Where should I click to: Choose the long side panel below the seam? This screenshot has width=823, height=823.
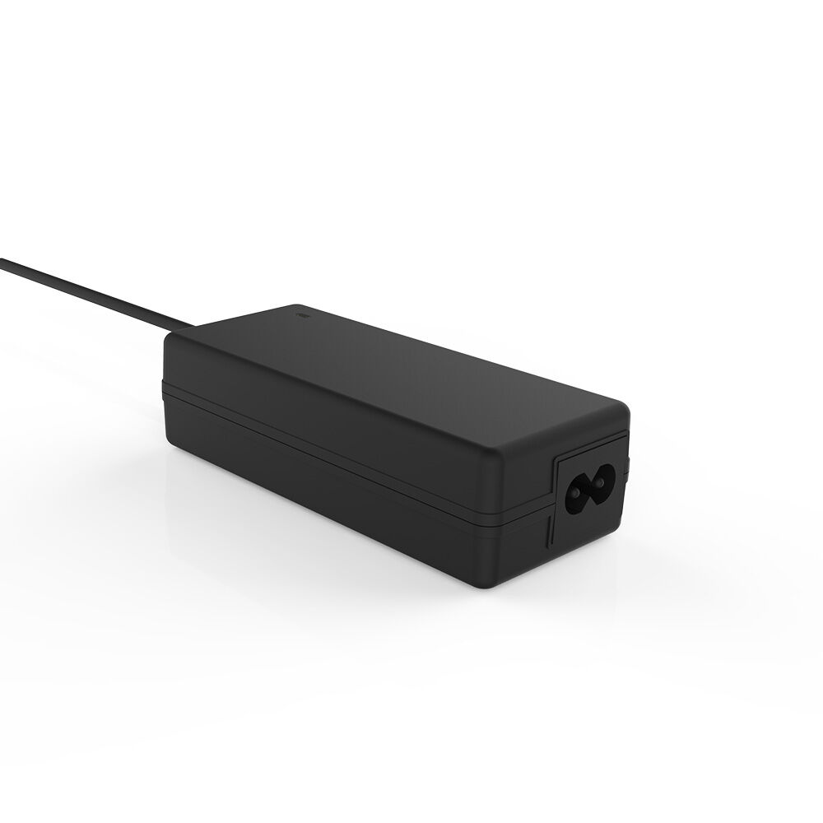click(x=346, y=486)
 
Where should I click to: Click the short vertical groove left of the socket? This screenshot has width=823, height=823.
click(x=549, y=531)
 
